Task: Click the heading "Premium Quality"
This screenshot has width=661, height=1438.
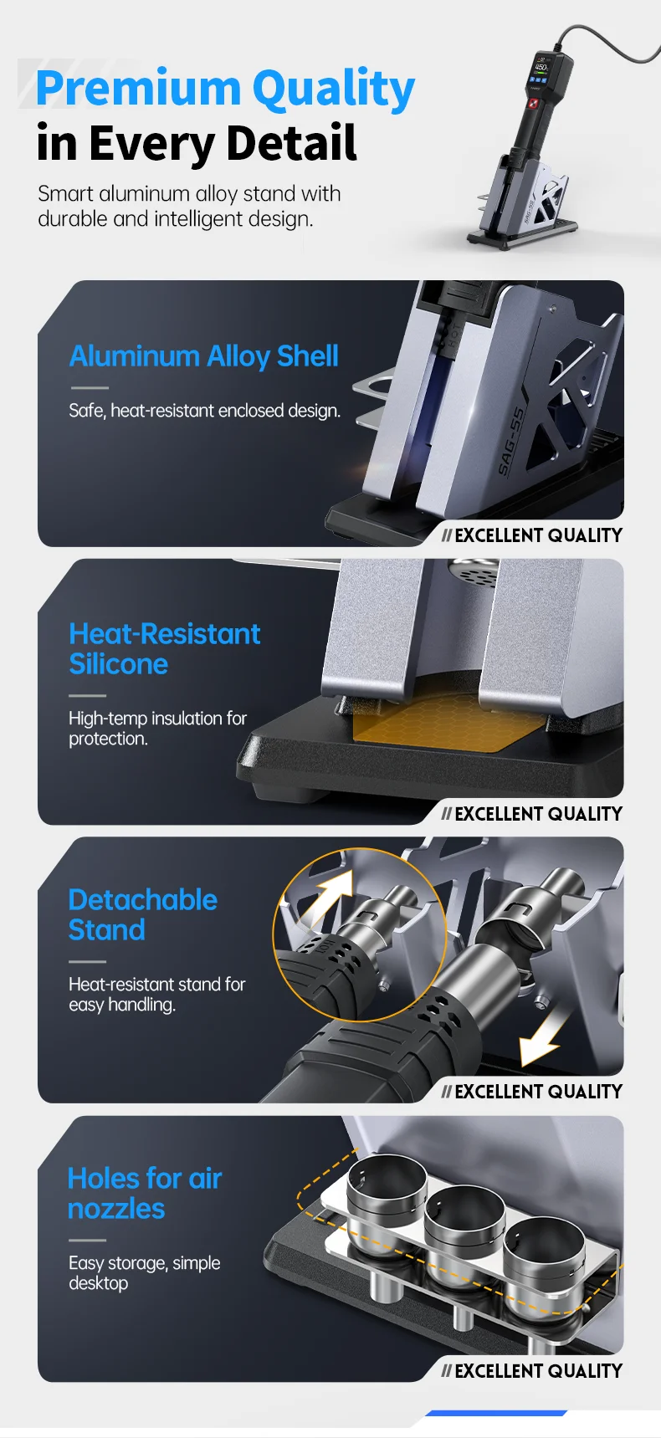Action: [225, 90]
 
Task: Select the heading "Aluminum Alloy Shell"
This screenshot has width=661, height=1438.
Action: [204, 357]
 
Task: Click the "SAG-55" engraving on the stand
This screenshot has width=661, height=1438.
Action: [511, 442]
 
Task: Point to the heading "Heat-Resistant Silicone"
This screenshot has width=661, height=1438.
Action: [165, 649]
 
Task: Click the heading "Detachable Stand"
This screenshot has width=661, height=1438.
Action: [143, 915]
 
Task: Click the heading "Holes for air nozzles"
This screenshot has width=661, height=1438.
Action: [145, 1194]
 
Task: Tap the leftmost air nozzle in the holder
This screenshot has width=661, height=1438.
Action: [386, 1197]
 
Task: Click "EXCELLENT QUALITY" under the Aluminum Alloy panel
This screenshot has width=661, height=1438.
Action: [539, 535]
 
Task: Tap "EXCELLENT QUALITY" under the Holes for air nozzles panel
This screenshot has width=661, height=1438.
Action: [539, 1371]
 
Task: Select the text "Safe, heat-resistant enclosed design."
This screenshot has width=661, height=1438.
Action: [205, 411]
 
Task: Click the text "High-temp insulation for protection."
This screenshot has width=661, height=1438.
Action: [157, 729]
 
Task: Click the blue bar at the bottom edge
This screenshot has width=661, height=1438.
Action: [496, 1413]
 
